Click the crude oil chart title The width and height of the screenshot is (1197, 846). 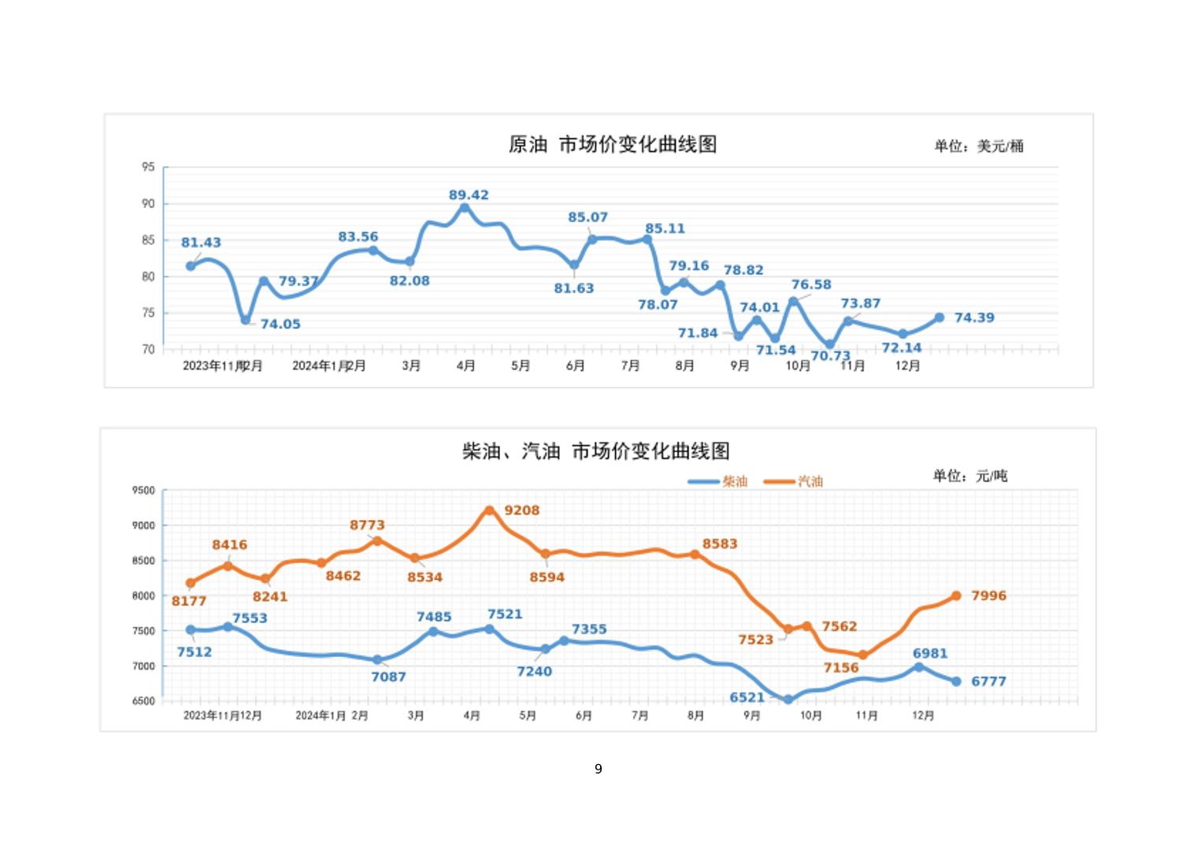(612, 145)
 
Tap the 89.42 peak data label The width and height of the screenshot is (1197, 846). (469, 195)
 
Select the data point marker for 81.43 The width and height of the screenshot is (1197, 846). (191, 266)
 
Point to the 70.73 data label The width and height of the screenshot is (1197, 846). (831, 356)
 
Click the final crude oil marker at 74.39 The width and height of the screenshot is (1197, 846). (939, 317)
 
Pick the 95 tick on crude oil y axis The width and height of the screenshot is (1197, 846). (148, 167)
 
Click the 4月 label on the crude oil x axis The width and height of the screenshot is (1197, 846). (465, 365)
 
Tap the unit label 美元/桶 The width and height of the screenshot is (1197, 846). (979, 146)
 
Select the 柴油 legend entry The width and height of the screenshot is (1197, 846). (717, 481)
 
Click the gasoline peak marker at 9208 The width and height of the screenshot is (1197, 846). (489, 510)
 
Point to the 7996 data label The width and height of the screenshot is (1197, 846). (988, 596)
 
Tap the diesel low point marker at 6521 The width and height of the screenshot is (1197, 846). (787, 699)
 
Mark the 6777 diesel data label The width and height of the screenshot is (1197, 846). (988, 681)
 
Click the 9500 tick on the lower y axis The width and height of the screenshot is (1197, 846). (143, 490)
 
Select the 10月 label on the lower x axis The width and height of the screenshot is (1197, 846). (810, 715)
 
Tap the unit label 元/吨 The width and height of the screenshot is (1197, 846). (970, 476)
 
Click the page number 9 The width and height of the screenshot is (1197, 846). (598, 769)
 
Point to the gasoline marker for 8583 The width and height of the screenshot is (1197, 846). (695, 555)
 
